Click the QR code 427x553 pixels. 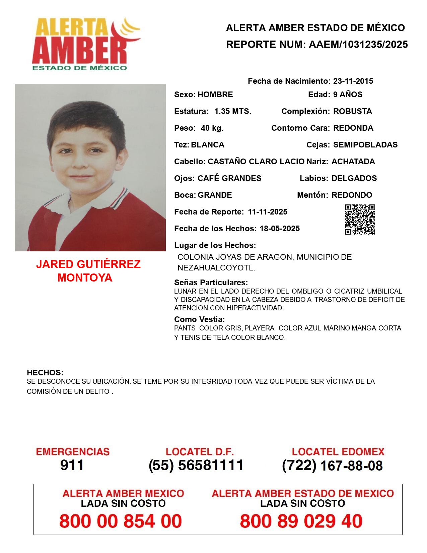pos(360,220)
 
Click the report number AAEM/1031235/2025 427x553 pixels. pos(358,45)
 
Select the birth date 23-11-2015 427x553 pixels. pos(353,81)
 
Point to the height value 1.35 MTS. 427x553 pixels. pos(233,111)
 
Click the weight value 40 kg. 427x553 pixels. pos(212,128)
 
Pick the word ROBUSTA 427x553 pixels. pos(352,111)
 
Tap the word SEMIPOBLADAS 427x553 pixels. pos(365,145)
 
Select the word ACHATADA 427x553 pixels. pos(353,162)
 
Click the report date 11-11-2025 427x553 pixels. pos(268,212)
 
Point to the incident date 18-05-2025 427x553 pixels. pos(280,229)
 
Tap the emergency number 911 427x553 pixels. pos(72,465)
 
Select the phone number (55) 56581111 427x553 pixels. pos(196,465)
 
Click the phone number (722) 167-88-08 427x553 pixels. pos(332,466)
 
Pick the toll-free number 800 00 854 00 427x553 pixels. pos(121,521)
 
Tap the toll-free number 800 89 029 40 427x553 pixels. pos(301,521)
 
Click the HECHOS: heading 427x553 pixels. pos(45,373)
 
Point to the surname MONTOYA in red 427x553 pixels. pos(85,278)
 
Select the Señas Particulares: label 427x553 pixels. pos(211,282)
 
